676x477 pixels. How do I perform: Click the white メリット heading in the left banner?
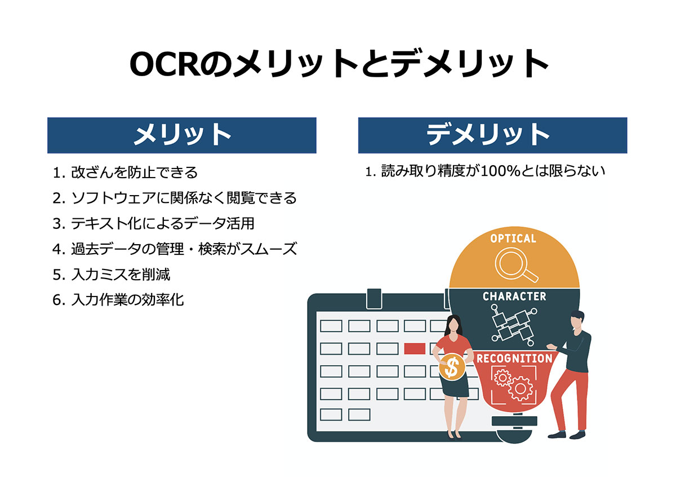[x=183, y=135]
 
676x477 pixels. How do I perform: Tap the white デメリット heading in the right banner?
[x=488, y=135]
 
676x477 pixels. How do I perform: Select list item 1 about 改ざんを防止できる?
[x=125, y=173]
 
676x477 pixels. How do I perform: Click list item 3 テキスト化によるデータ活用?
[x=153, y=223]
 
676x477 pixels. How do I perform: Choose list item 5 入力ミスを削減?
[x=112, y=275]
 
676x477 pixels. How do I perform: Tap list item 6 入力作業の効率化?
[x=118, y=300]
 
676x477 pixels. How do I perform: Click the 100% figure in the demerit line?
[x=500, y=171]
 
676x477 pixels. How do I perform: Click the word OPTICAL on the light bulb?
[x=513, y=238]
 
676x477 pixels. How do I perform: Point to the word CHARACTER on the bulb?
[x=514, y=297]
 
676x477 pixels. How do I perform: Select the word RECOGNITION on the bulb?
[x=514, y=359]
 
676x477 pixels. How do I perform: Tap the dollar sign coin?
[x=452, y=367]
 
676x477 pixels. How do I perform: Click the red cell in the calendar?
[x=415, y=348]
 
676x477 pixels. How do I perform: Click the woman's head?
[x=453, y=324]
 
